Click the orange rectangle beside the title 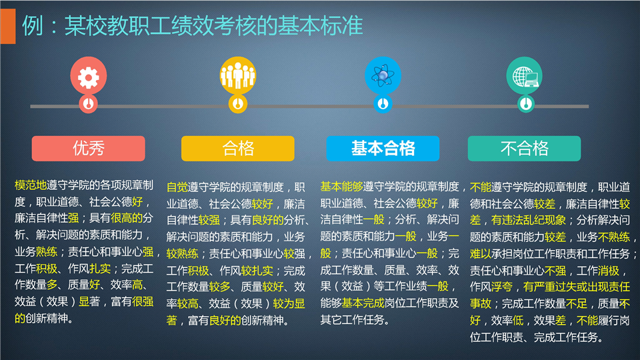coord(8,26)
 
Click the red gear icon coord(89,75)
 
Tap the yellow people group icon coord(238,75)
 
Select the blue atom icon coord(383,75)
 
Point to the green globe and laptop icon coord(525,75)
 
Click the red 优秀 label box coord(89,149)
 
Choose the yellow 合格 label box coord(238,149)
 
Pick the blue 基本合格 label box coord(383,149)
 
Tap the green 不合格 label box coord(525,149)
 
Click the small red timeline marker coord(88,104)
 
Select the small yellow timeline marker coord(238,104)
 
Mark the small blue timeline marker coord(383,104)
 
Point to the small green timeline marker coord(526,104)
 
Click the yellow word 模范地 coord(31,185)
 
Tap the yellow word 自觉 coord(177,187)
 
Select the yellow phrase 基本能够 coord(341,187)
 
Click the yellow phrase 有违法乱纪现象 coord(529,221)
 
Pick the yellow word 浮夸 coord(502,287)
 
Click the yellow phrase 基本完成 coord(363,303)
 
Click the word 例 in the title coord(32,26)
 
